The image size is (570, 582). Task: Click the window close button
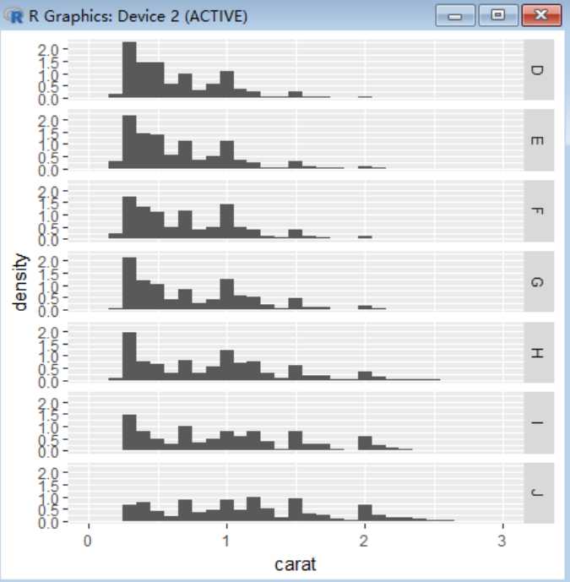click(x=542, y=16)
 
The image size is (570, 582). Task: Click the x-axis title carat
click(x=296, y=564)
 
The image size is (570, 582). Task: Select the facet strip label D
click(x=538, y=69)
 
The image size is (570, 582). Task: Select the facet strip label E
click(x=538, y=140)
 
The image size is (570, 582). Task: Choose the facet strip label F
click(x=538, y=211)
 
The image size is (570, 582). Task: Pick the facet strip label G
click(x=538, y=282)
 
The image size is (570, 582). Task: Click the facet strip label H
click(x=538, y=353)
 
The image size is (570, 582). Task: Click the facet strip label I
click(x=538, y=423)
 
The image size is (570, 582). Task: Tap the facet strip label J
click(x=538, y=494)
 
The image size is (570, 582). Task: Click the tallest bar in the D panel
click(x=129, y=71)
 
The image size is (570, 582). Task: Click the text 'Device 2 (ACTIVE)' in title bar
click(x=188, y=16)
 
